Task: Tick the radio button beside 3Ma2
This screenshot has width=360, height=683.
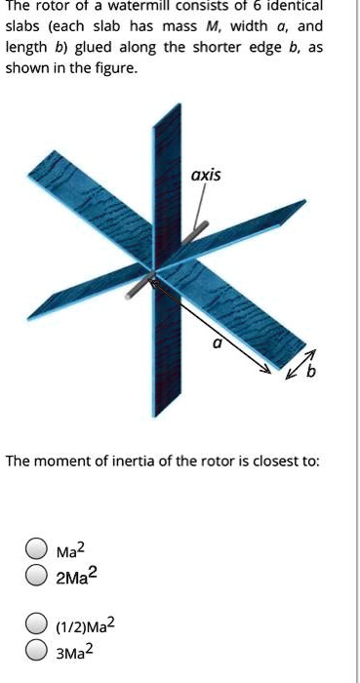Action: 36,646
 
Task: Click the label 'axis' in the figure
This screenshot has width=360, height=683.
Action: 207,176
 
